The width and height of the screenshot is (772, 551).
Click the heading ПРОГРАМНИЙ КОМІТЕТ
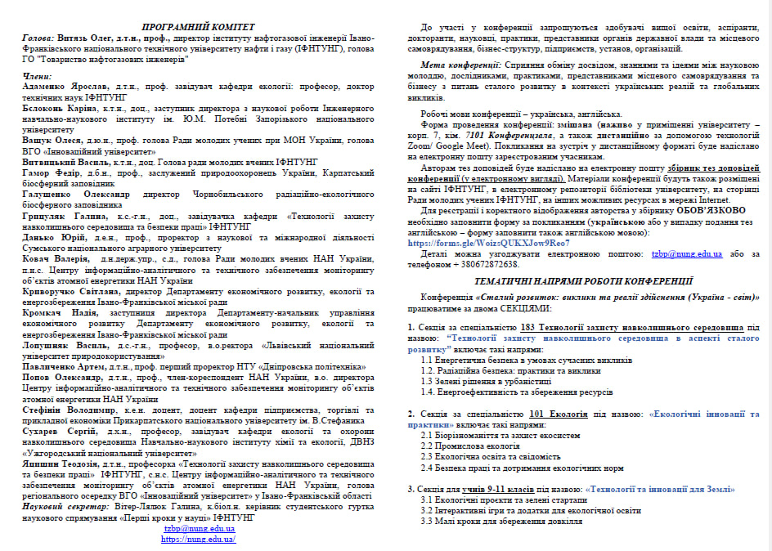click(198, 27)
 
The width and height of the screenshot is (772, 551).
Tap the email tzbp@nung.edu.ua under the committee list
click(199, 529)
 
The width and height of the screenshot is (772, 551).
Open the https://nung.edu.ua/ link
click(199, 539)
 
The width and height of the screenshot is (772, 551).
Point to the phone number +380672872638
click(483, 265)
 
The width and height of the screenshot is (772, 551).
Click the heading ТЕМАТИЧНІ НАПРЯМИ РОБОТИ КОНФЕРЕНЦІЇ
click(583, 280)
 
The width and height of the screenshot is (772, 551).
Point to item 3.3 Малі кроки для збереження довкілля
click(502, 521)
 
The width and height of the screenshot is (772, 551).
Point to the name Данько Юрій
click(52, 235)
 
